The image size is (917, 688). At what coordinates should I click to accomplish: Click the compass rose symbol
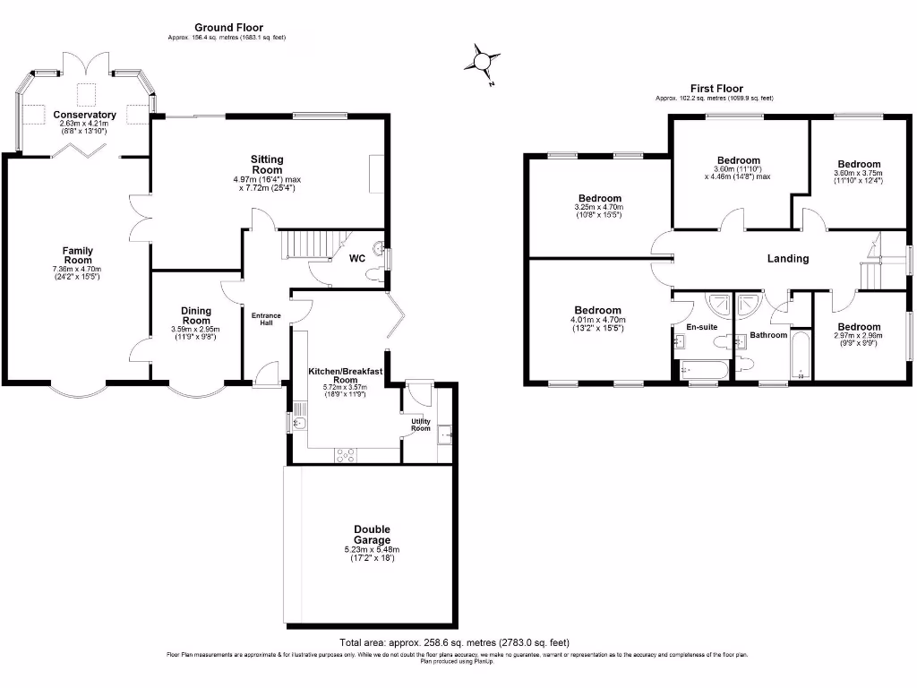click(x=482, y=62)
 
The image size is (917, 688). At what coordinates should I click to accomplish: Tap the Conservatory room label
click(x=84, y=115)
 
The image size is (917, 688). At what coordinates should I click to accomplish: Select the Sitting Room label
click(x=267, y=164)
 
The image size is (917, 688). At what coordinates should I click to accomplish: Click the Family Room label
click(x=78, y=255)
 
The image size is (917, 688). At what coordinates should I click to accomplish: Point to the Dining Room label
click(x=196, y=315)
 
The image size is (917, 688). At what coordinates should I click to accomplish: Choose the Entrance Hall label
click(x=265, y=320)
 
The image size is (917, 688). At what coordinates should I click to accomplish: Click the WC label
click(x=356, y=259)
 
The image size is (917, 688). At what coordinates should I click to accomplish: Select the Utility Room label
click(x=421, y=424)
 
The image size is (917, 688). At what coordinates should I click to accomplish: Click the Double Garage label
click(x=371, y=535)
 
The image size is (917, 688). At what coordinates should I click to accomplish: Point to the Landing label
click(x=788, y=259)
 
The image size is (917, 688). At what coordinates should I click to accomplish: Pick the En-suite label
click(x=702, y=327)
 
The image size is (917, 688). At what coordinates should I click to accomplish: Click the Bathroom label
click(x=767, y=335)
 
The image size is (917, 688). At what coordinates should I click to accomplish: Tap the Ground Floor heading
click(x=228, y=28)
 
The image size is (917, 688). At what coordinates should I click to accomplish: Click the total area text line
click(x=454, y=642)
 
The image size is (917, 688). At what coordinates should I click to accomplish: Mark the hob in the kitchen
click(x=345, y=455)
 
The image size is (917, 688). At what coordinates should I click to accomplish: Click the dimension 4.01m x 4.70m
click(x=597, y=320)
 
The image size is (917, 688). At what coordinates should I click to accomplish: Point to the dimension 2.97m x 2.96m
click(x=858, y=337)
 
